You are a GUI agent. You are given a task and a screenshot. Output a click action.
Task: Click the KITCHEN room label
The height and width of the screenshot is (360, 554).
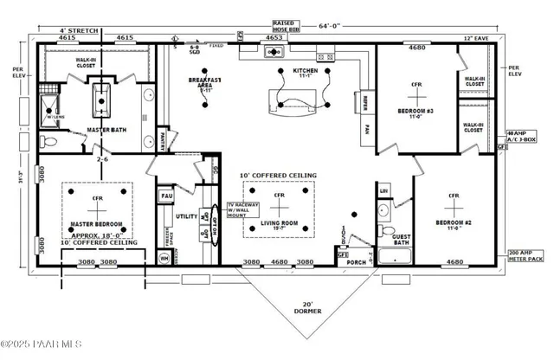(x=306, y=70)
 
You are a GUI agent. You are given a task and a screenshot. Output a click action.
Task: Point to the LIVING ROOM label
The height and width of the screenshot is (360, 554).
(x=279, y=222)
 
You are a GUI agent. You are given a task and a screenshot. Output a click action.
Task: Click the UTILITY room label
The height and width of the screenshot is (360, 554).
(x=186, y=216)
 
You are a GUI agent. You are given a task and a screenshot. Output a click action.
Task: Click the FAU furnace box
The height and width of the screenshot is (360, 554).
(x=167, y=196)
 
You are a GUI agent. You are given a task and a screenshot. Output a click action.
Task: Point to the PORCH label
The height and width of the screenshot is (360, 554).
(x=356, y=263)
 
